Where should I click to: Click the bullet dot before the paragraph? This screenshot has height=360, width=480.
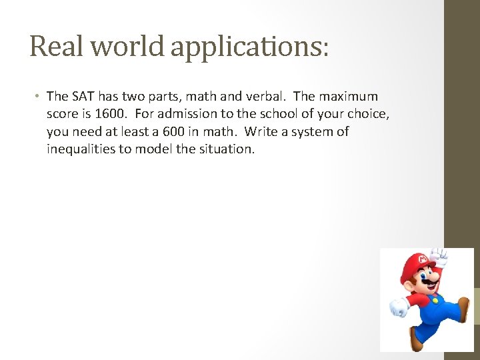(37, 97)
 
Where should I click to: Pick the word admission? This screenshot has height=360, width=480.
(189, 114)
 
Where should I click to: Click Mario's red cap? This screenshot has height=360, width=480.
(412, 263)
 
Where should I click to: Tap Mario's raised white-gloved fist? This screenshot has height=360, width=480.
(439, 255)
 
